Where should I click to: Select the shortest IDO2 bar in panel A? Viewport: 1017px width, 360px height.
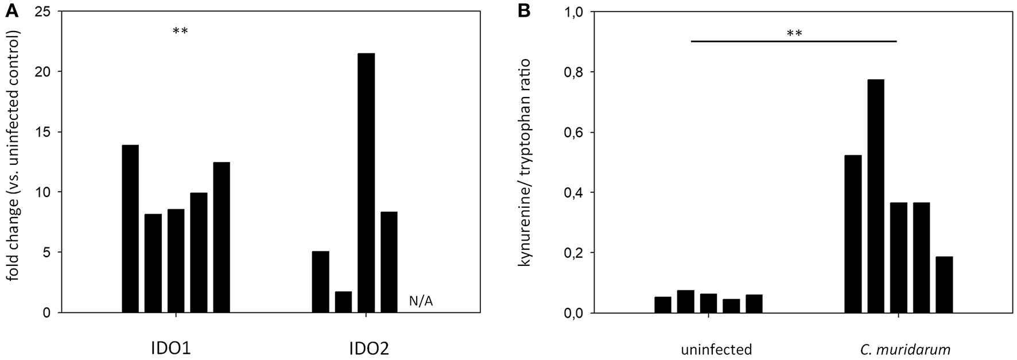pyautogui.click(x=343, y=302)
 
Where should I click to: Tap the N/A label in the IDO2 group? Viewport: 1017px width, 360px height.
pyautogui.click(x=421, y=301)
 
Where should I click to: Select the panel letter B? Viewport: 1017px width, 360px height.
pyautogui.click(x=524, y=10)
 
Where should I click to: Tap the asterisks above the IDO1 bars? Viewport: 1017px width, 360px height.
pyautogui.click(x=180, y=32)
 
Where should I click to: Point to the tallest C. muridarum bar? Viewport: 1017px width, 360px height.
pyautogui.click(x=876, y=196)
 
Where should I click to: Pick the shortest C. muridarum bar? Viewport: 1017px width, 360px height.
pyautogui.click(x=944, y=284)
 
